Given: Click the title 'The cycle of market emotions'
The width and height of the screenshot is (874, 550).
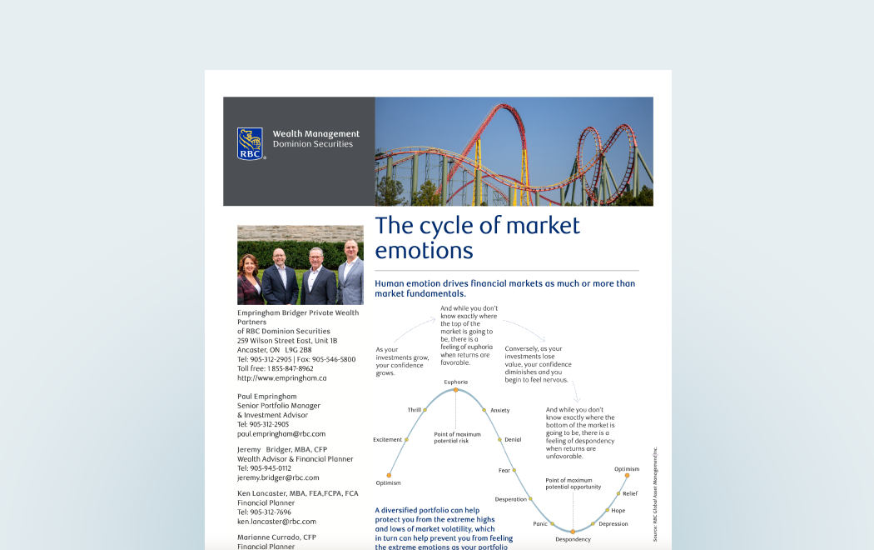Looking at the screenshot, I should click(477, 237).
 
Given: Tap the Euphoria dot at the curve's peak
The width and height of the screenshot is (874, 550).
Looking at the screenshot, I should click(455, 389).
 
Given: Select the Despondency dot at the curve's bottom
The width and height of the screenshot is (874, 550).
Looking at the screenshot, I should click(573, 531).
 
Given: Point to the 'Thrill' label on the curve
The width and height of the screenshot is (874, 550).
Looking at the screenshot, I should click(415, 410).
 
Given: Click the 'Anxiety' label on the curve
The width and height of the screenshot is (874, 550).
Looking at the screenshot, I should click(500, 410).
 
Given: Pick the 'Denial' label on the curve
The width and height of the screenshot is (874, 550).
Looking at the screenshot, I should click(513, 439).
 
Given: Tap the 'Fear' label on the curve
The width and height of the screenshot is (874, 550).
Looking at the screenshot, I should click(504, 471).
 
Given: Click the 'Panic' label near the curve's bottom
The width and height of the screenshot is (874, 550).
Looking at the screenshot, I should click(540, 523).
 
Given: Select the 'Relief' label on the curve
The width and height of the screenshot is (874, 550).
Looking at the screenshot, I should click(630, 493).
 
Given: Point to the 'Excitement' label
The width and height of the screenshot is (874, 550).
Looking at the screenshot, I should click(388, 439).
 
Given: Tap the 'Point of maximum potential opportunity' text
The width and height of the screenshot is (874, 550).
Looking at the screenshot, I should click(573, 483).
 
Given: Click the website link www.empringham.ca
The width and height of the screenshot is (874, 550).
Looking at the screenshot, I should click(281, 377).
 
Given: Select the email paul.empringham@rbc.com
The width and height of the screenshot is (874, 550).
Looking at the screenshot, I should click(281, 433).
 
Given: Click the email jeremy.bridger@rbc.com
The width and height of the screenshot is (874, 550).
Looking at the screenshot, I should click(278, 477).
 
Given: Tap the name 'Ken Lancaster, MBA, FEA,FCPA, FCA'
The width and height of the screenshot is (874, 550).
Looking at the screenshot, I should click(298, 493).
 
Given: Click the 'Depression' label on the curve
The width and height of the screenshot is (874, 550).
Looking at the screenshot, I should click(613, 523).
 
